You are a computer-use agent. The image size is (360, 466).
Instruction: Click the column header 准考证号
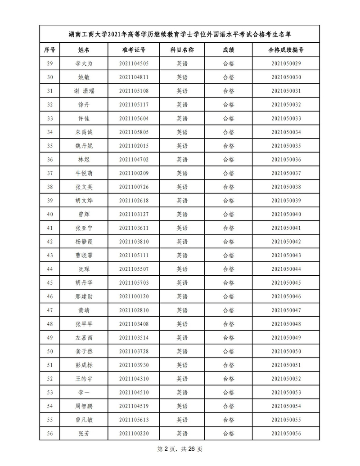pos(134,49)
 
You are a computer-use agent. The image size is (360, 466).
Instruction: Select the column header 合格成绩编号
pos(286,49)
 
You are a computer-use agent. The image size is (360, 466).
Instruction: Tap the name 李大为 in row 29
pos(84,63)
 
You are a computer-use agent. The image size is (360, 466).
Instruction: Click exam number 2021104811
pos(134,77)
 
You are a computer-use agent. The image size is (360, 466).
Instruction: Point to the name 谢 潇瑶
pos(84,91)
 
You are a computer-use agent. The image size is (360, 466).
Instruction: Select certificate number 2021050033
pos(286,118)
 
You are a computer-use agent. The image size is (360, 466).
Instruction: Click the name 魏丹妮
pos(84,146)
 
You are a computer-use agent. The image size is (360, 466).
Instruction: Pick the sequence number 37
pos(50,173)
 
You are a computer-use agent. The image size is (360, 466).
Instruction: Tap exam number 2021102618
pos(134,201)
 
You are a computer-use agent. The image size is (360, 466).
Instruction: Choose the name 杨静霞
pos(84,242)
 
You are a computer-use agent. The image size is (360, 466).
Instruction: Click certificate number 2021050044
pos(286,269)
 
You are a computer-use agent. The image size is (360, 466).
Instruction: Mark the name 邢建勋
pos(84,296)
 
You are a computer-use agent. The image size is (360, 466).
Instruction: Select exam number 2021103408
pos(134,324)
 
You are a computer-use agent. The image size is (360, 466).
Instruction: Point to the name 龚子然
pos(84,351)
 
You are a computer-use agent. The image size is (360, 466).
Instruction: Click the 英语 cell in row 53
pos(182,393)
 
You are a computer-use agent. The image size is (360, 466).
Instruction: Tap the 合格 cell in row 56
pos(229,434)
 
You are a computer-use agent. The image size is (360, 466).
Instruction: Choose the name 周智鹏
pos(84,406)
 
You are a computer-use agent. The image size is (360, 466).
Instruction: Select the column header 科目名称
pos(182,49)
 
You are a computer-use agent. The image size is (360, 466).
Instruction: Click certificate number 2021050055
pos(286,420)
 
